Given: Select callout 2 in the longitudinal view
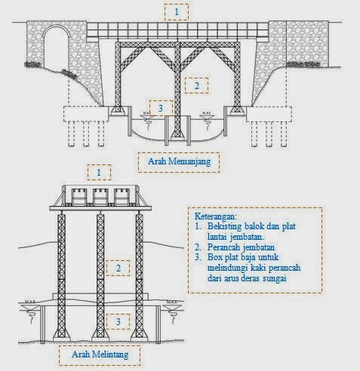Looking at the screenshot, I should click(196, 85).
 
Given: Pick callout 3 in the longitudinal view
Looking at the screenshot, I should click(160, 109).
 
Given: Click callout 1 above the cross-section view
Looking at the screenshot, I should click(99, 173).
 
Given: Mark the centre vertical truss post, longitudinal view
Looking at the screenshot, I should click(177, 83).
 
